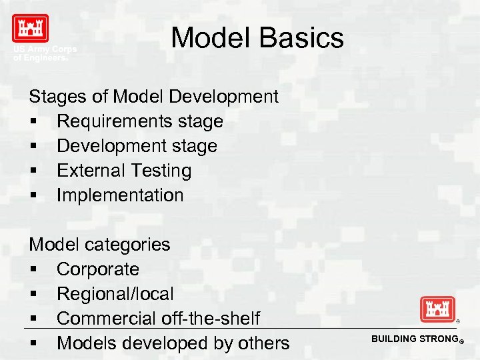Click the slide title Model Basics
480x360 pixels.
(x=257, y=38)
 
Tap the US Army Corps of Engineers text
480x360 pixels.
(x=45, y=54)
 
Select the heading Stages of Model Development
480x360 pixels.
(x=153, y=97)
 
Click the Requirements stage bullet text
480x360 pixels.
(x=139, y=121)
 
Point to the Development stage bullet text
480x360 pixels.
(x=137, y=146)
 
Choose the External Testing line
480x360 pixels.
(x=124, y=171)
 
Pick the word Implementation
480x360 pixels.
(x=120, y=195)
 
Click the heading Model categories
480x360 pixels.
(x=99, y=245)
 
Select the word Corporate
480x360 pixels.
(x=98, y=269)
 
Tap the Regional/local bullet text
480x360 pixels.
(x=115, y=294)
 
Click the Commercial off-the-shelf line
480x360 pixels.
(x=158, y=319)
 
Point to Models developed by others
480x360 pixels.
(x=173, y=343)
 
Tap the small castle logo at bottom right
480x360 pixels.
(x=437, y=309)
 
